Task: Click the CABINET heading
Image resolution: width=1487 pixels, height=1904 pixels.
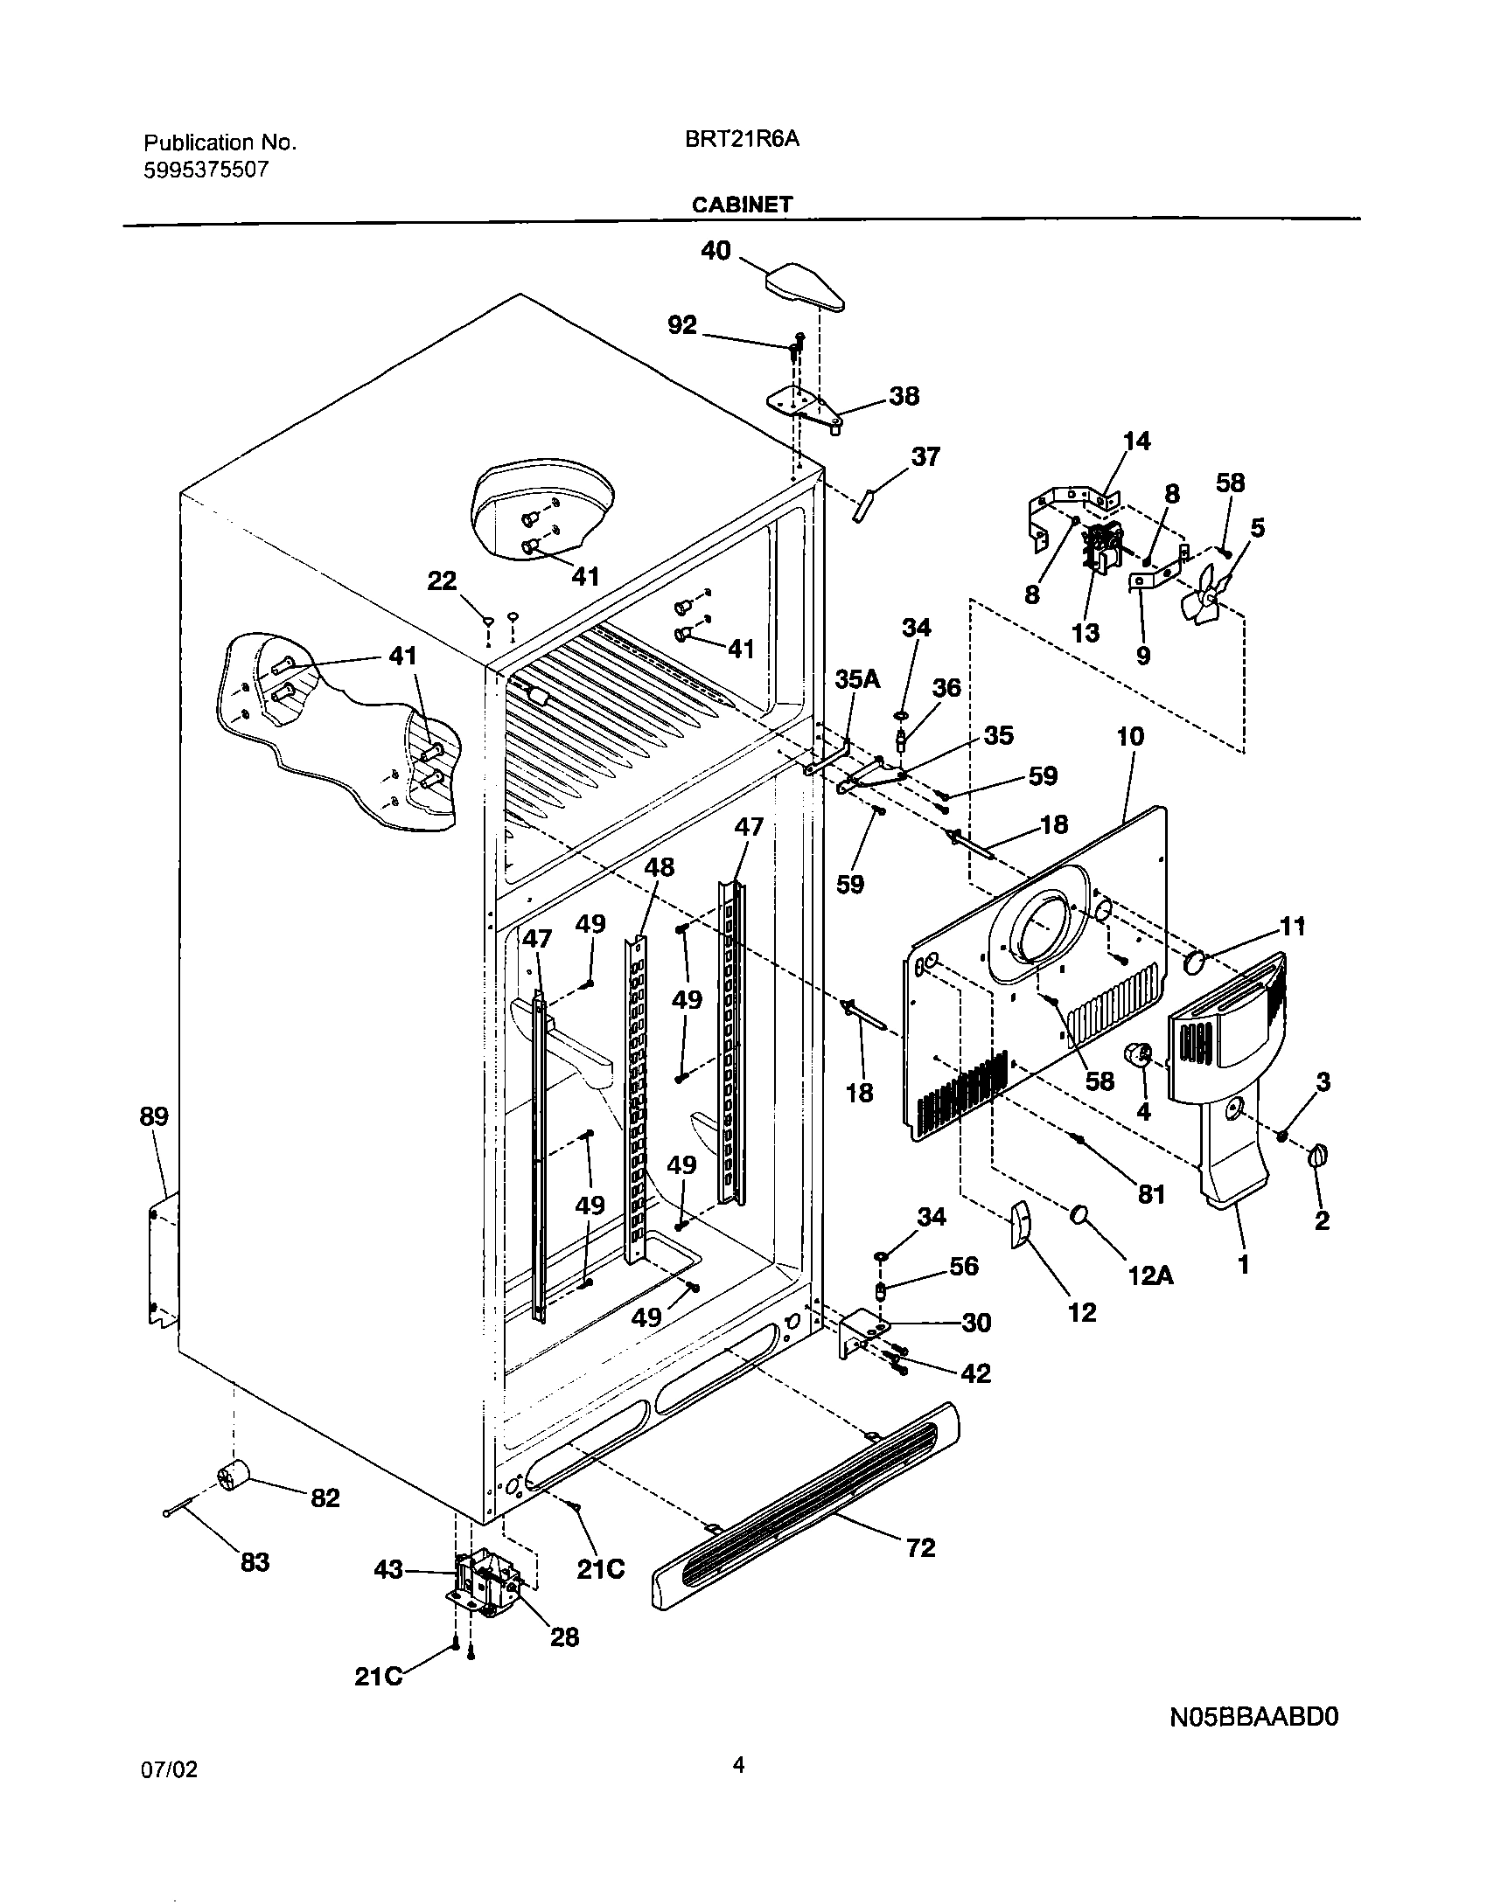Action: [742, 205]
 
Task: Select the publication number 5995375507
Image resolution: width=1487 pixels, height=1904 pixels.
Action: [206, 170]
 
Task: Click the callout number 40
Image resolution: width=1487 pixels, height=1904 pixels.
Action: [716, 251]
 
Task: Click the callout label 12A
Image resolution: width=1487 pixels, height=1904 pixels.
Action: [1151, 1275]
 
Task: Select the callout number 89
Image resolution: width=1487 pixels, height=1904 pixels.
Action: [154, 1116]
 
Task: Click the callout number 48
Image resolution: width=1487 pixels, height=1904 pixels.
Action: [660, 866]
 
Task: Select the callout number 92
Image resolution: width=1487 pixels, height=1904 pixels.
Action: [682, 325]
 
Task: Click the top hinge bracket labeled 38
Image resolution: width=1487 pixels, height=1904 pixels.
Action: [803, 407]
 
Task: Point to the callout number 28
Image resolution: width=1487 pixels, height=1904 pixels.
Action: [564, 1636]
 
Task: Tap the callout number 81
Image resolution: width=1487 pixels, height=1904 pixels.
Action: [1151, 1192]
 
